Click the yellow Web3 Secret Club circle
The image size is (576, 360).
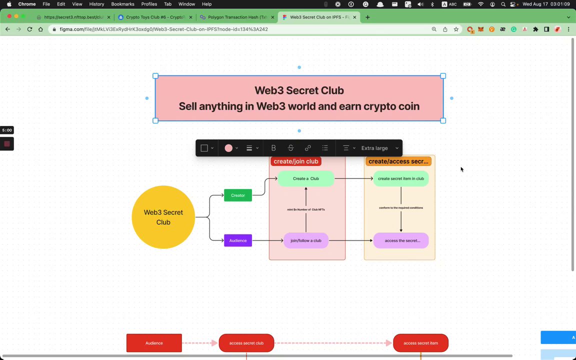[x=163, y=217]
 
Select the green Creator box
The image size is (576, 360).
[x=238, y=195]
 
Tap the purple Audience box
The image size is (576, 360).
[x=238, y=240]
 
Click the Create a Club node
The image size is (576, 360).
[x=305, y=178]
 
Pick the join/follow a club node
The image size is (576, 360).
[x=306, y=240]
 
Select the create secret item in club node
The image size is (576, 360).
[x=400, y=178]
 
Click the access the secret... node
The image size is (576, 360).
[x=401, y=240]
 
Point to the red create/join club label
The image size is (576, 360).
[x=296, y=161]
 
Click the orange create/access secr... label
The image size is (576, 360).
[x=398, y=161]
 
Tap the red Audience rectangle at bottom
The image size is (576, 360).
[x=154, y=343]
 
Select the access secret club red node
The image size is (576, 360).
[x=246, y=343]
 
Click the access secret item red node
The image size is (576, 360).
[x=420, y=343]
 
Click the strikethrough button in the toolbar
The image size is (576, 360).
[x=290, y=148]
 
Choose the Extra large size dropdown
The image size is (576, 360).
[x=379, y=148]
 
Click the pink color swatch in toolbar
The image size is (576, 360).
[x=228, y=148]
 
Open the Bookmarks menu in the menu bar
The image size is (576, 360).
[x=122, y=4]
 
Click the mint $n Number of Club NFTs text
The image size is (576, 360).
[x=306, y=209]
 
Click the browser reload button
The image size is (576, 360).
[x=29, y=29]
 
